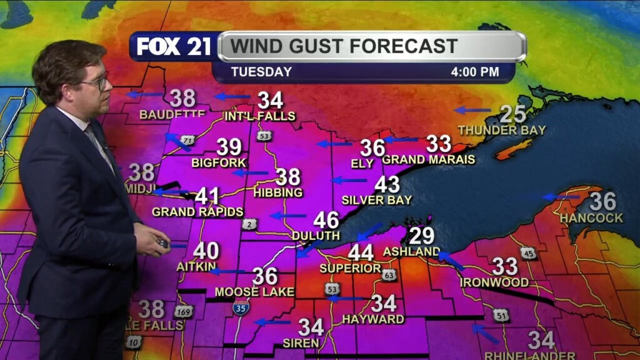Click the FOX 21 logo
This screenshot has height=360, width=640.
[x=174, y=47]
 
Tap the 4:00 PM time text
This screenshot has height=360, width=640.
[x=475, y=72]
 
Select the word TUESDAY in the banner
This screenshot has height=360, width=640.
[x=261, y=72]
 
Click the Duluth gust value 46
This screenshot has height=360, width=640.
[x=326, y=220]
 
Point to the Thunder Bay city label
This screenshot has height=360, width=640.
[x=502, y=130]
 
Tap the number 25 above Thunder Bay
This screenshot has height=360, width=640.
[x=512, y=114]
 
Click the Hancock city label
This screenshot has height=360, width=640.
[x=591, y=218]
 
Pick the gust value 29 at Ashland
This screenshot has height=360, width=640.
[x=422, y=236]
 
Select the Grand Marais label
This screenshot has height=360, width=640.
[x=429, y=159]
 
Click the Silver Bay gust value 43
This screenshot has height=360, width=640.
[x=387, y=184]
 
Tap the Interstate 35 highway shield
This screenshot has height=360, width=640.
[x=240, y=307]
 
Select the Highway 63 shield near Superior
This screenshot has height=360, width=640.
[x=389, y=274]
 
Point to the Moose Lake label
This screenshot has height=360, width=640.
[x=246, y=292]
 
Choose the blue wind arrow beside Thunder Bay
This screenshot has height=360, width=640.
[x=472, y=110]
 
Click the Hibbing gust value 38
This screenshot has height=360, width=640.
[x=288, y=177]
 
